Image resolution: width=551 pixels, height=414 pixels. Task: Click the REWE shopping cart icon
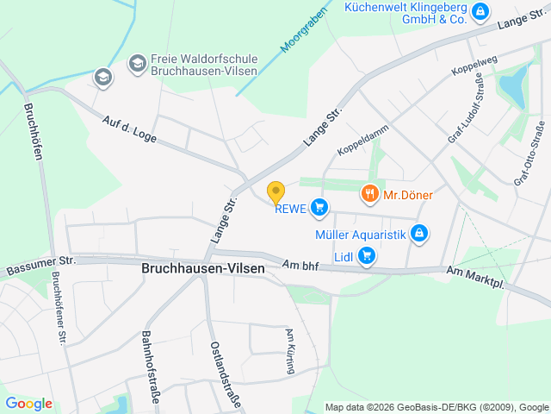click(x=320, y=206)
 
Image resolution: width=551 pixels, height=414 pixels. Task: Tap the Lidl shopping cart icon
click(x=368, y=254)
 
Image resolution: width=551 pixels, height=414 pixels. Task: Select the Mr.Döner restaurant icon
click(x=370, y=194)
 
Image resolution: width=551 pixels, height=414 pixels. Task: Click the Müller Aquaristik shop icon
click(x=419, y=232)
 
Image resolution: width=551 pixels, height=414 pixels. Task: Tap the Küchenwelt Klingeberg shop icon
click(x=480, y=11)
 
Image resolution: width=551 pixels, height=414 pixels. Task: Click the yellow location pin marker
click(x=275, y=192)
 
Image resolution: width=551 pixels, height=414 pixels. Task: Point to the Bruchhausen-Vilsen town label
click(x=203, y=269)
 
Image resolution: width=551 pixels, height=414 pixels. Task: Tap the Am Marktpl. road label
click(x=474, y=278)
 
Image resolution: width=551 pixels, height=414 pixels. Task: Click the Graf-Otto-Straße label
click(x=529, y=154)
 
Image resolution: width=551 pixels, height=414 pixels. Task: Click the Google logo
click(x=29, y=404)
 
